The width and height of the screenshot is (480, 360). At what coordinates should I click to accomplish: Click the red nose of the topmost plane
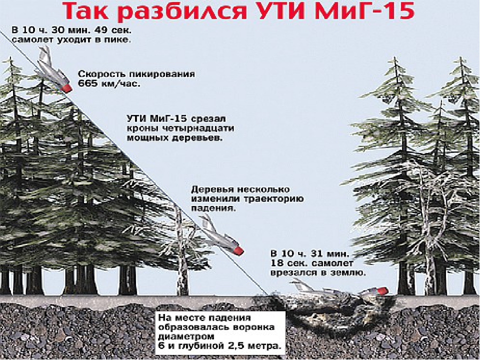pos(66,88)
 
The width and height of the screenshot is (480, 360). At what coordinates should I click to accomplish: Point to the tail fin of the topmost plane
pos(44,52)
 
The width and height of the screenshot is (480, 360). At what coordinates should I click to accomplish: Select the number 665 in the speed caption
pos(88,83)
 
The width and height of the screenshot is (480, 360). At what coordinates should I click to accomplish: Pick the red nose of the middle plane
pos(238,250)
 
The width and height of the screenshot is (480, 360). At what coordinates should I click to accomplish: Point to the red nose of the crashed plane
pos(382,290)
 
